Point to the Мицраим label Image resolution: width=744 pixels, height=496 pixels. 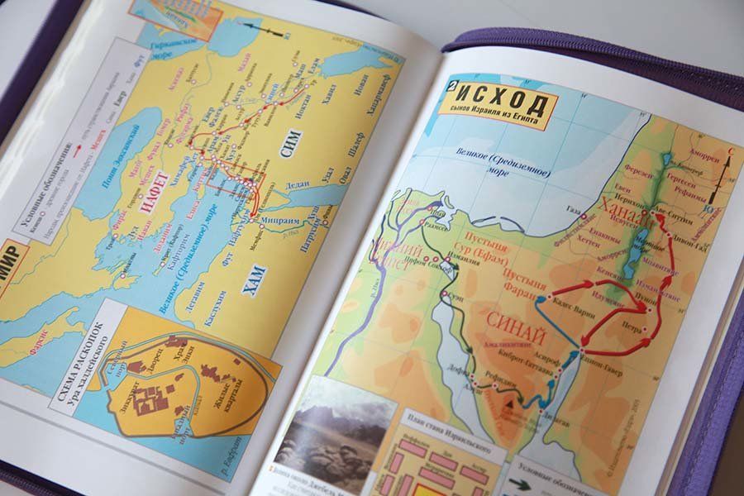274,220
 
